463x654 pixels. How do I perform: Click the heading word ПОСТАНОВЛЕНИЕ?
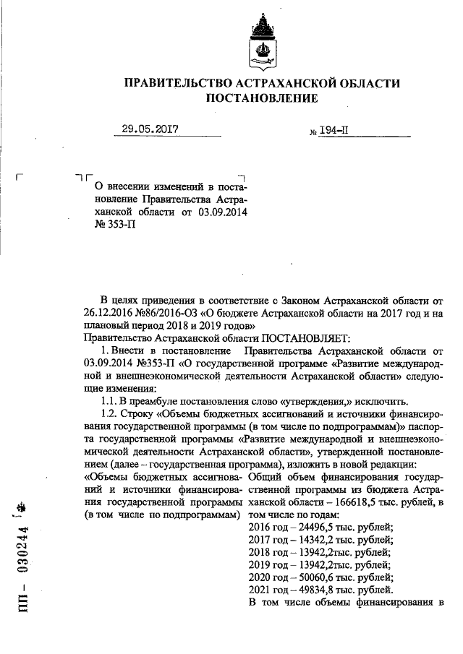[x=262, y=98]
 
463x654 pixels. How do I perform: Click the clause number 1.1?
[x=111, y=401]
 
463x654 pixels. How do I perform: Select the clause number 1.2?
[x=111, y=414]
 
